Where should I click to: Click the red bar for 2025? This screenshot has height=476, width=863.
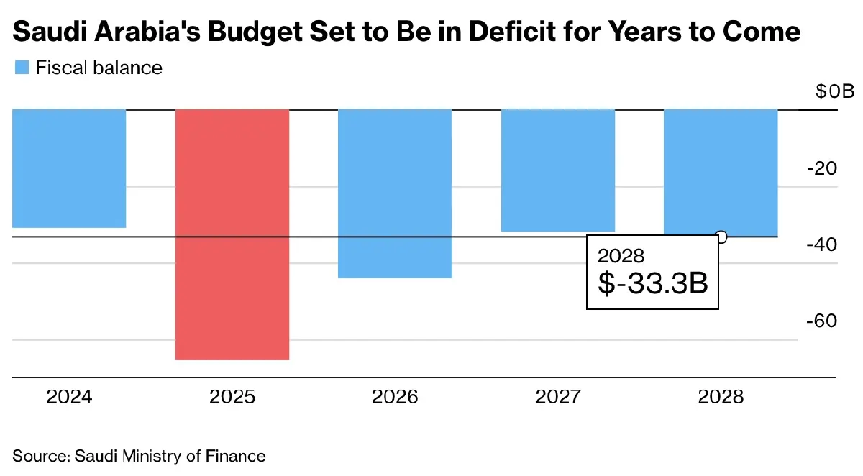[232, 234]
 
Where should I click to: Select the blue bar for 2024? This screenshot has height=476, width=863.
[69, 168]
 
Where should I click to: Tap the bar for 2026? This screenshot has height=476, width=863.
[395, 193]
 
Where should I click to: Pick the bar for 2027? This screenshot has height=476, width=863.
[558, 170]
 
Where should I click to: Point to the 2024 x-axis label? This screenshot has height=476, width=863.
[69, 397]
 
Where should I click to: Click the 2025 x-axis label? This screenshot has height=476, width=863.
[232, 397]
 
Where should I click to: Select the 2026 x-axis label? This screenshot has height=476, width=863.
[395, 397]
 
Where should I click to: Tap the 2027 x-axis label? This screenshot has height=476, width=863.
[558, 397]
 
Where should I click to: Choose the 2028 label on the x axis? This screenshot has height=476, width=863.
[721, 397]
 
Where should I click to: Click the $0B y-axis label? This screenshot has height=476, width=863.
[834, 92]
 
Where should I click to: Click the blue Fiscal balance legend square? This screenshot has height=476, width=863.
[21, 68]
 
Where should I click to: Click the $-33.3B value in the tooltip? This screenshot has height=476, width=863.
[653, 283]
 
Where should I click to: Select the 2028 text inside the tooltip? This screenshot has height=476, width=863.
[621, 256]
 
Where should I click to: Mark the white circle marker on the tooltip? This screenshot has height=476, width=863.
[721, 237]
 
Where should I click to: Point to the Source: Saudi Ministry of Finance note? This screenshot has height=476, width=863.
[139, 456]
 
